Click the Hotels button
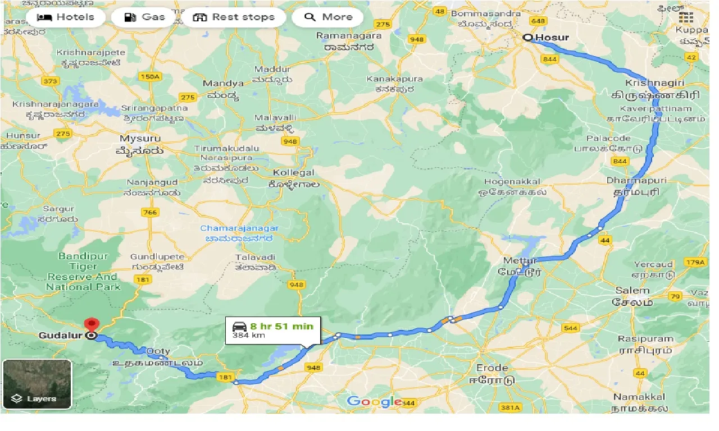point(65,17)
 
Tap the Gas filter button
point(145,17)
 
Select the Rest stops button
point(234,17)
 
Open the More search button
point(327,17)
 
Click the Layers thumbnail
point(37,384)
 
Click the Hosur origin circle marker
point(527,38)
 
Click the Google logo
point(374,401)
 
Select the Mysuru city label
point(140,138)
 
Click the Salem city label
point(632,290)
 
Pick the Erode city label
point(493,368)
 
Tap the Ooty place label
point(158,351)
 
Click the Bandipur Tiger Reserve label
point(83,272)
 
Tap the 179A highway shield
point(695,262)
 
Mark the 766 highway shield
point(150,212)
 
